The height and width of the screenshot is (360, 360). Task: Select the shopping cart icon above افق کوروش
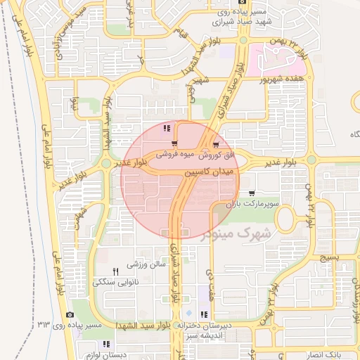point(224,143)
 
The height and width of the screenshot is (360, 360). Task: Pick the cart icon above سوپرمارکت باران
point(251,193)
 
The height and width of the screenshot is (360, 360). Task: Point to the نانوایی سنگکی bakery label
point(116,282)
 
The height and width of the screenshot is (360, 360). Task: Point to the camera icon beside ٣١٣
point(70,314)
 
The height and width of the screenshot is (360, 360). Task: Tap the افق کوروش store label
point(224,153)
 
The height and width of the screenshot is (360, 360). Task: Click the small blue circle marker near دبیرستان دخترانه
point(188,313)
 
